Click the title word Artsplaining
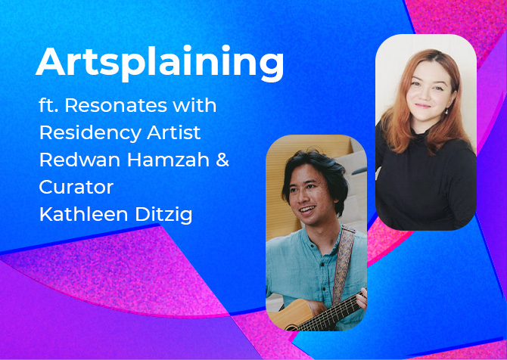tap(160, 63)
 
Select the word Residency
tap(90, 133)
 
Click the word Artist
tap(173, 132)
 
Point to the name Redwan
tap(80, 160)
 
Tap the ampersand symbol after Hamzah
tap(222, 160)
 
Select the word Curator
tap(76, 187)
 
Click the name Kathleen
tap(84, 214)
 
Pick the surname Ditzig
tap(163, 215)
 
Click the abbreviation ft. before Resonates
tap(49, 105)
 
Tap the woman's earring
tap(446, 111)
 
